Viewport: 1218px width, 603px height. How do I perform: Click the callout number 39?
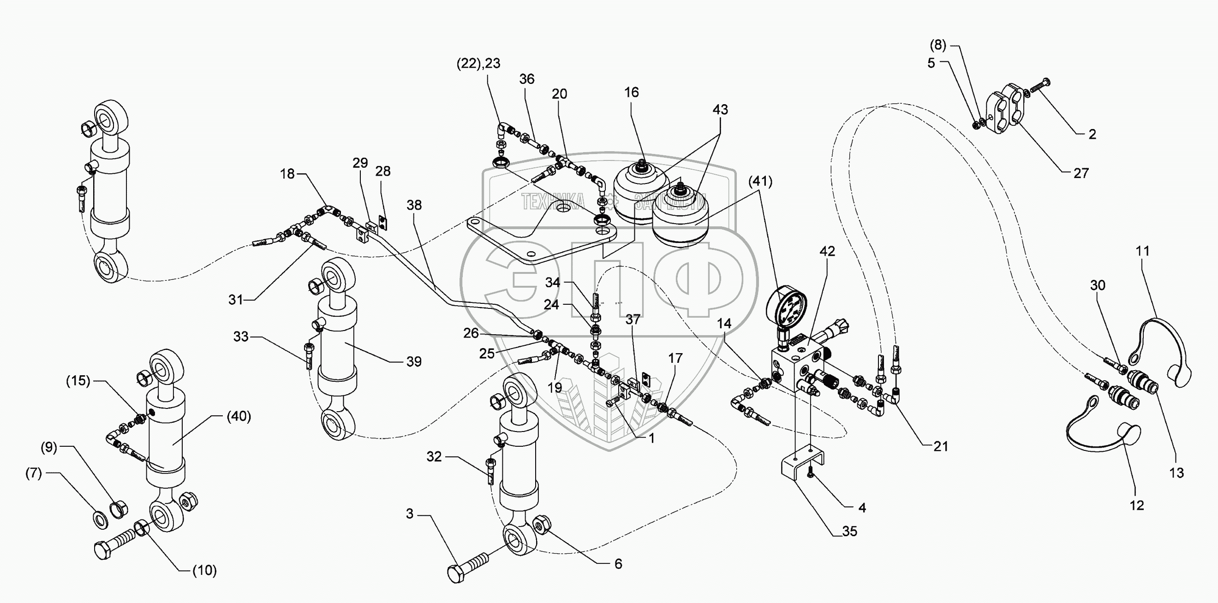414,361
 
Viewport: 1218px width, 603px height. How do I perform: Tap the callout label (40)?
239,416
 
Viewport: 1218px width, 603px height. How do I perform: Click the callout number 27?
1081,173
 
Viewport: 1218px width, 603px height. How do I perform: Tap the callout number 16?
632,92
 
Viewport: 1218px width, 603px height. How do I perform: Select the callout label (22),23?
478,63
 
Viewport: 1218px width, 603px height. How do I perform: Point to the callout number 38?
414,205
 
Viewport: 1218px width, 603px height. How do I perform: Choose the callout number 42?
827,251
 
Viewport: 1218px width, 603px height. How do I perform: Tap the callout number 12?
1137,505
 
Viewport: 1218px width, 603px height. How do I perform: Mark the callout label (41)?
761,181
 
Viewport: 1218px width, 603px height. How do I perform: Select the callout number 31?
235,300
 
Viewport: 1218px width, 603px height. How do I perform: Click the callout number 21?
940,446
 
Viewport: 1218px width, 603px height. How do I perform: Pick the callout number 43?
720,110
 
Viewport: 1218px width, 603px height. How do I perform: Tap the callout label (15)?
78,380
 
